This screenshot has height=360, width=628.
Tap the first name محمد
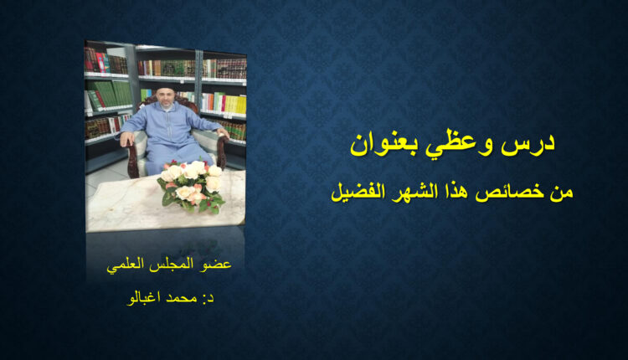point(182,297)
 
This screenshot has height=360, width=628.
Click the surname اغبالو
point(144,297)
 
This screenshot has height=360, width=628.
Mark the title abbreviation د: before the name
point(208,298)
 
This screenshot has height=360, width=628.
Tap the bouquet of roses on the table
point(193,185)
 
